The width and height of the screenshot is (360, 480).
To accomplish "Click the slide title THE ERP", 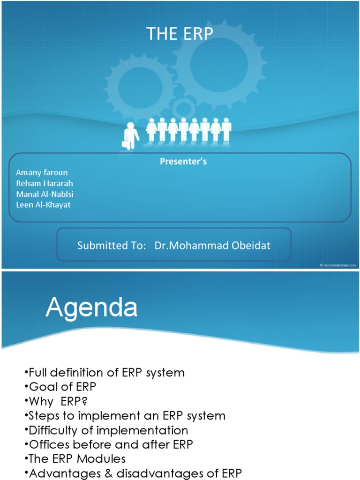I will click(180, 34).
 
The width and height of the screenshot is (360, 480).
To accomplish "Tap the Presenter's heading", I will click(183, 162).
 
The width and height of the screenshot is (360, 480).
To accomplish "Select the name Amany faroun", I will click(42, 172).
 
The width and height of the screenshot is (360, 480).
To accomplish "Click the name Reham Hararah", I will click(45, 183).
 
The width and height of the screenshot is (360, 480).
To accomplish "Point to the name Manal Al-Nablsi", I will click(45, 194).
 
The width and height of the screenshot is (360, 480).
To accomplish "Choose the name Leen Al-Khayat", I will click(43, 205).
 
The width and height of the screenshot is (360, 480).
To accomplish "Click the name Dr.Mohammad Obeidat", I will click(212, 246).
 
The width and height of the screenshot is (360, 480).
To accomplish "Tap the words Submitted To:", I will click(112, 246).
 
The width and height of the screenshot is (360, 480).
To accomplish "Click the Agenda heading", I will click(91, 308).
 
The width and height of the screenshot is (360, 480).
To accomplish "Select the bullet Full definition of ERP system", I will click(106, 373).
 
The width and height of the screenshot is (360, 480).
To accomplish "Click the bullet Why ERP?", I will click(58, 401).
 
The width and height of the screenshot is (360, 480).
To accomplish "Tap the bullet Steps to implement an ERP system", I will click(127, 416).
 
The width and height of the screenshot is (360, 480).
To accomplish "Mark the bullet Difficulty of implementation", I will click(108, 430).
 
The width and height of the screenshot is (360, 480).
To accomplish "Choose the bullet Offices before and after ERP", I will click(111, 444).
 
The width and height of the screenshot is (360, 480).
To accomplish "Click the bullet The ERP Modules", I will click(77, 459).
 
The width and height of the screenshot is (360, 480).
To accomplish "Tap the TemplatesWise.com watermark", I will click(337, 265).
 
